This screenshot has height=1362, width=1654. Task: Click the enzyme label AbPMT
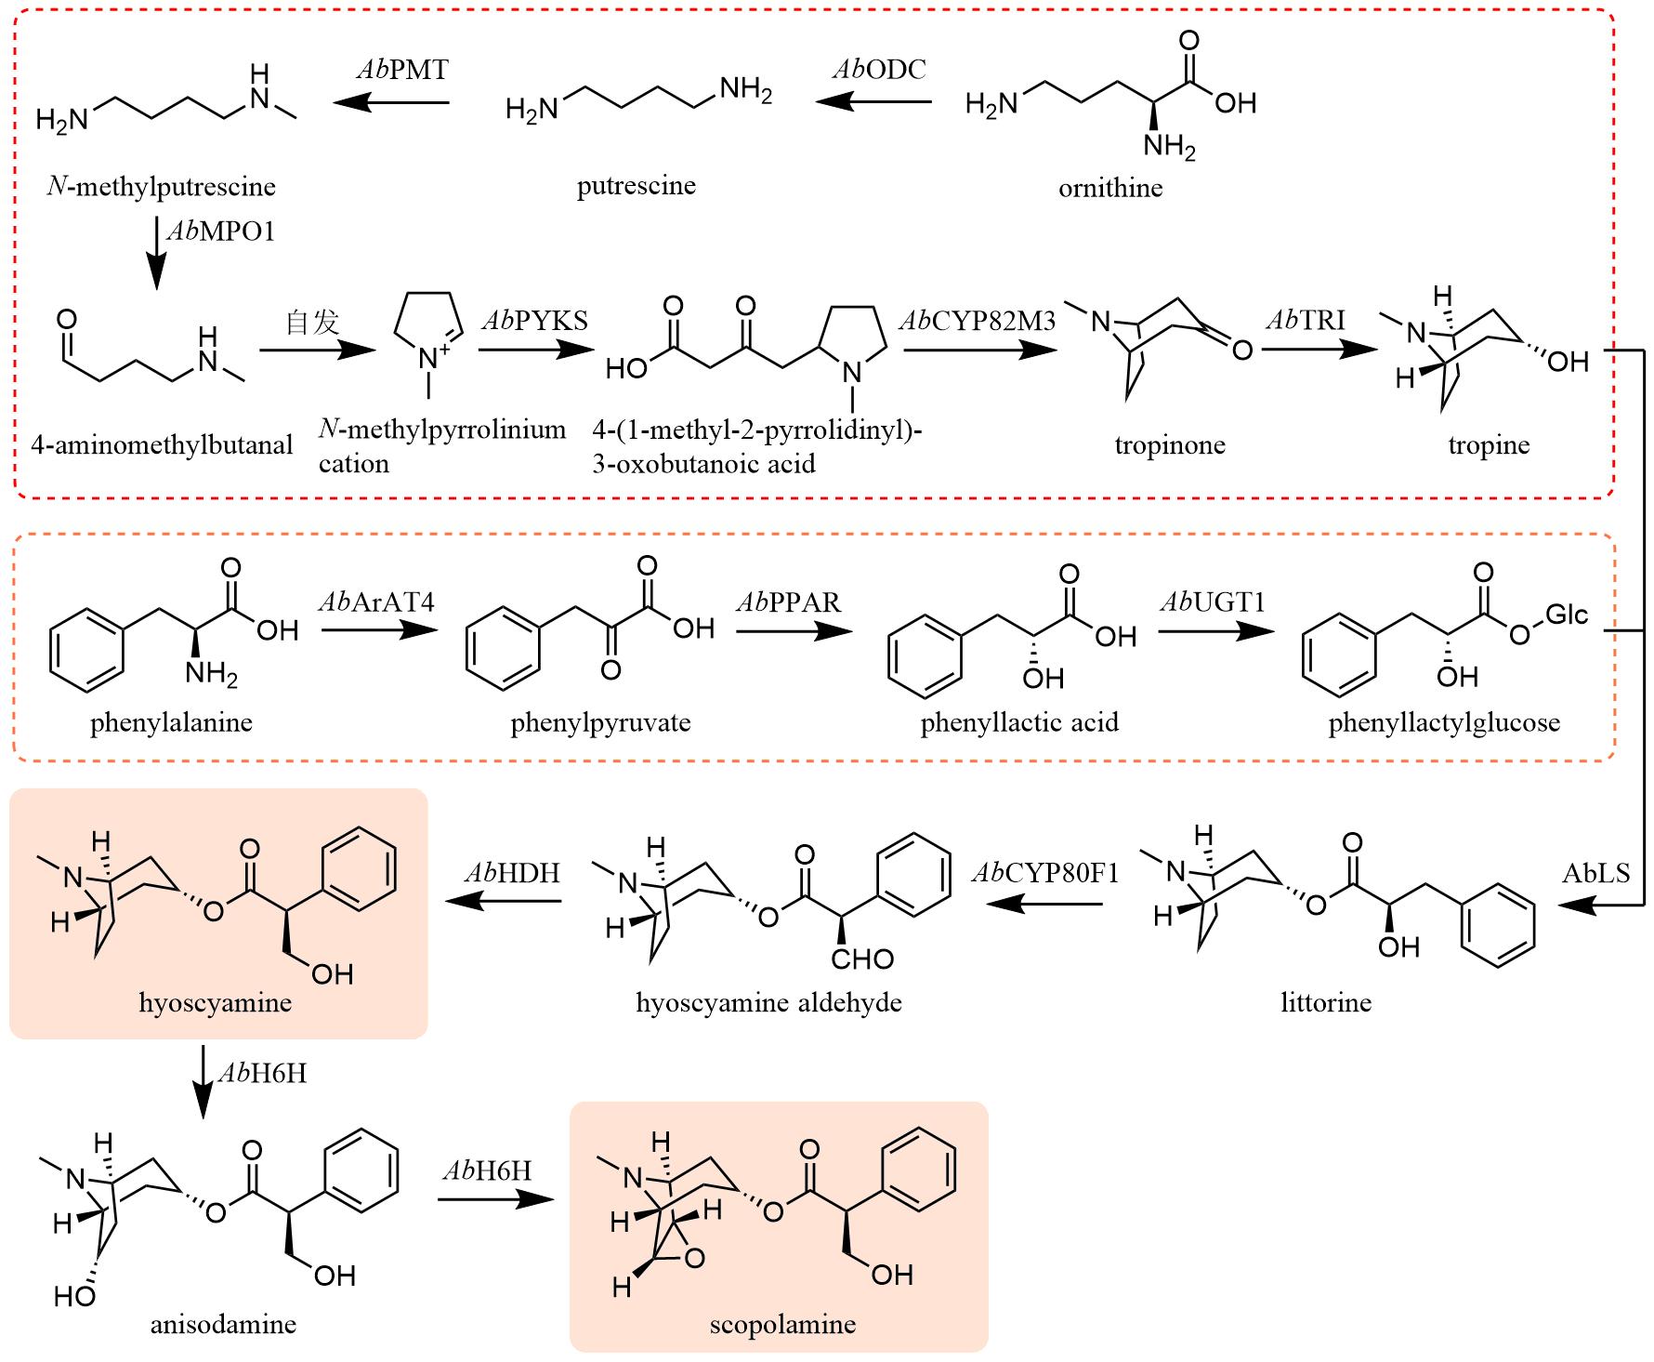tap(401, 70)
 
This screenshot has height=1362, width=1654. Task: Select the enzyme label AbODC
tap(878, 70)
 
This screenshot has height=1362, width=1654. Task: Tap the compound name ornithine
tap(1110, 188)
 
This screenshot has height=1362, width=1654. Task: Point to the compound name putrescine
tap(636, 185)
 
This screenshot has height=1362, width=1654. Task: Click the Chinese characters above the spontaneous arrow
tap(312, 323)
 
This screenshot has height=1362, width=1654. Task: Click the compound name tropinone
tap(1170, 444)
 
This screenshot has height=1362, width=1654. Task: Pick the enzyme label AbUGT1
tap(1212, 602)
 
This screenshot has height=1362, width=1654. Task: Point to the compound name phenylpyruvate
tap(600, 722)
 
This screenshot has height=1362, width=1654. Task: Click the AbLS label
tap(1595, 873)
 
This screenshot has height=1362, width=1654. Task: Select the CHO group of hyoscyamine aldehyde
tap(862, 959)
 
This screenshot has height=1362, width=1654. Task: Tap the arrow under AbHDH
tap(505, 901)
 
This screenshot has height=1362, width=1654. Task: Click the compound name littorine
tap(1325, 1002)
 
